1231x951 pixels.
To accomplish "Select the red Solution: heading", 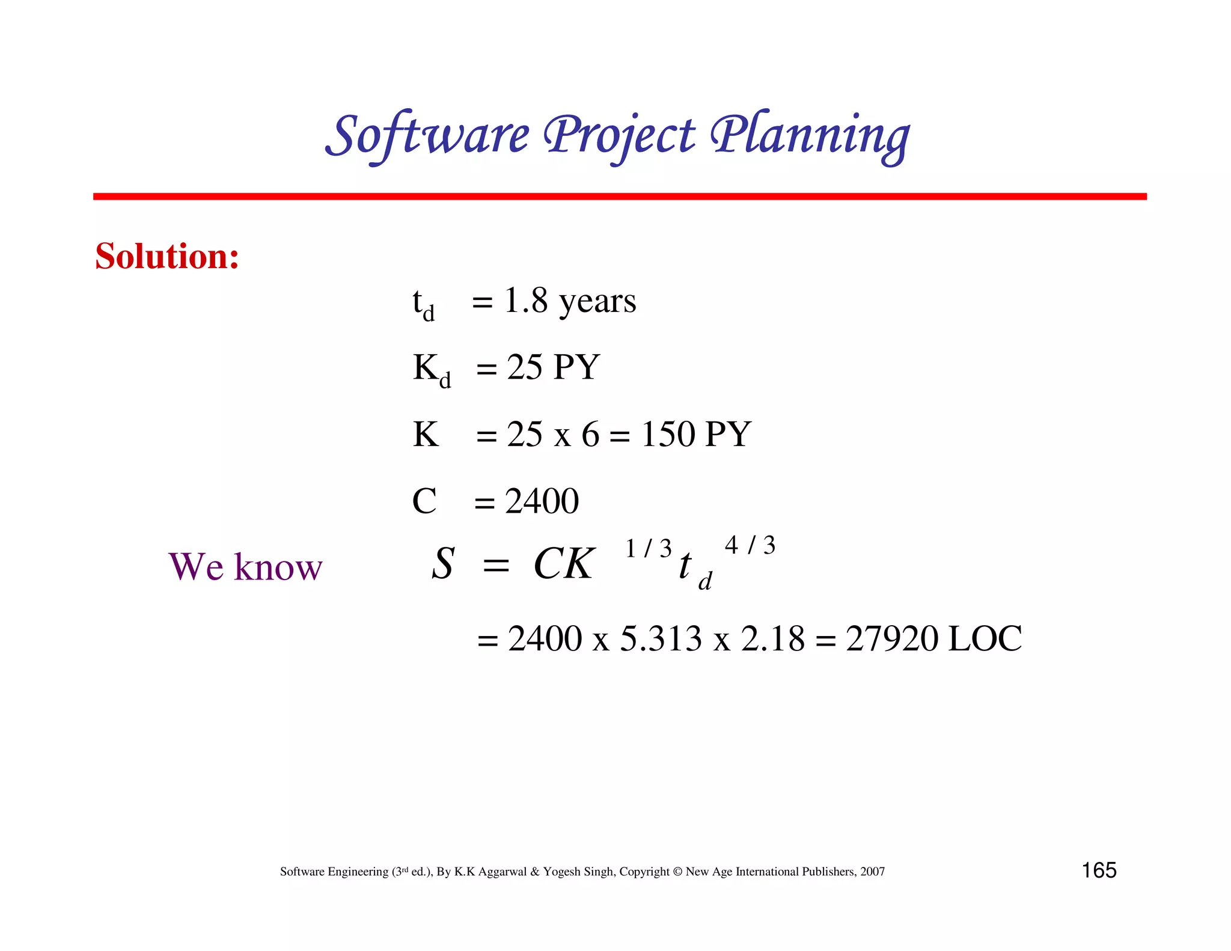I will (x=167, y=256).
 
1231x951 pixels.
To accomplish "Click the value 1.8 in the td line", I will (x=526, y=301).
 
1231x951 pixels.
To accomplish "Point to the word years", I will (x=597, y=302).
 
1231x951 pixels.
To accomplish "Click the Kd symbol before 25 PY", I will (x=431, y=369).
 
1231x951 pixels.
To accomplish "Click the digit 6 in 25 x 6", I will (x=590, y=434).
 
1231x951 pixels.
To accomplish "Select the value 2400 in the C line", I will (x=542, y=501).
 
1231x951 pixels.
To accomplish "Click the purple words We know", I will (x=245, y=566).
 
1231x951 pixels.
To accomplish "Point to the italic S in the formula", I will (x=443, y=564).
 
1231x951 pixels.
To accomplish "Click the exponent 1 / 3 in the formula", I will (x=648, y=548).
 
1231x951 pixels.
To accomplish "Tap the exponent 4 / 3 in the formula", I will (x=750, y=545).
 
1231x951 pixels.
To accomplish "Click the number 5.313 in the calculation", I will (x=661, y=638).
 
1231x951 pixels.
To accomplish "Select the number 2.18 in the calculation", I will (x=772, y=638).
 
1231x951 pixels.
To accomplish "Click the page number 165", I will (x=1099, y=870).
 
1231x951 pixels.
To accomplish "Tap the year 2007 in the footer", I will (x=872, y=872).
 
